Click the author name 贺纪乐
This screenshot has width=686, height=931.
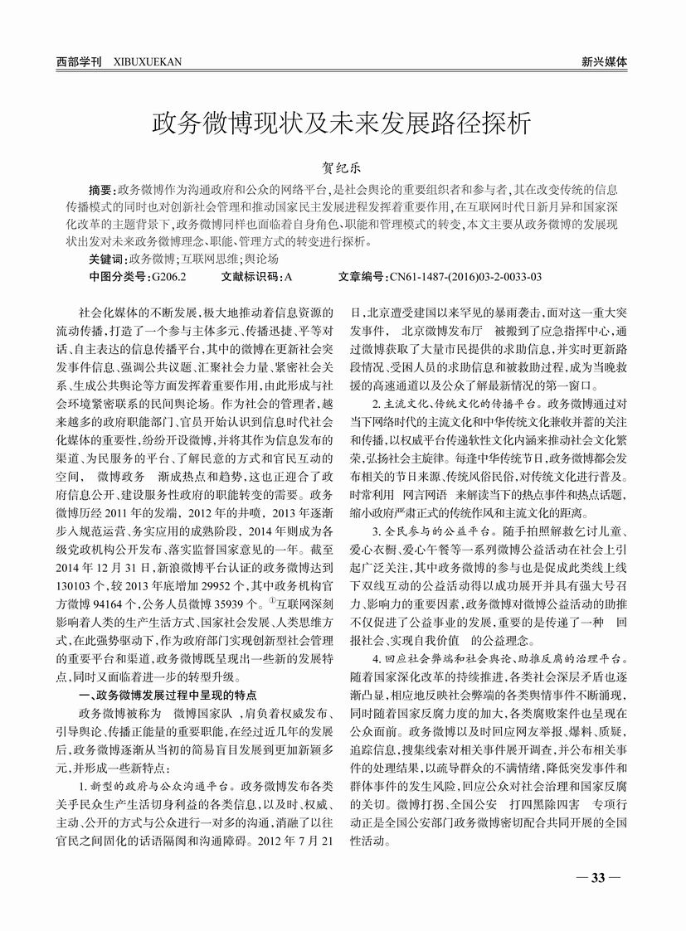(343, 166)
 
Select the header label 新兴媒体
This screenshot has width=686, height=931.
(604, 61)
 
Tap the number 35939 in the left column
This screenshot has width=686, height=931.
(243, 599)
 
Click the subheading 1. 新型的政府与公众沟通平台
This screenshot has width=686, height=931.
(155, 782)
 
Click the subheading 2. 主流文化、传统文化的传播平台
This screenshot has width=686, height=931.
(454, 404)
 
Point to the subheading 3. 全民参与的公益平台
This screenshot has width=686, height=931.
(424, 531)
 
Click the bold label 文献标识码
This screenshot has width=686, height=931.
(251, 276)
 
